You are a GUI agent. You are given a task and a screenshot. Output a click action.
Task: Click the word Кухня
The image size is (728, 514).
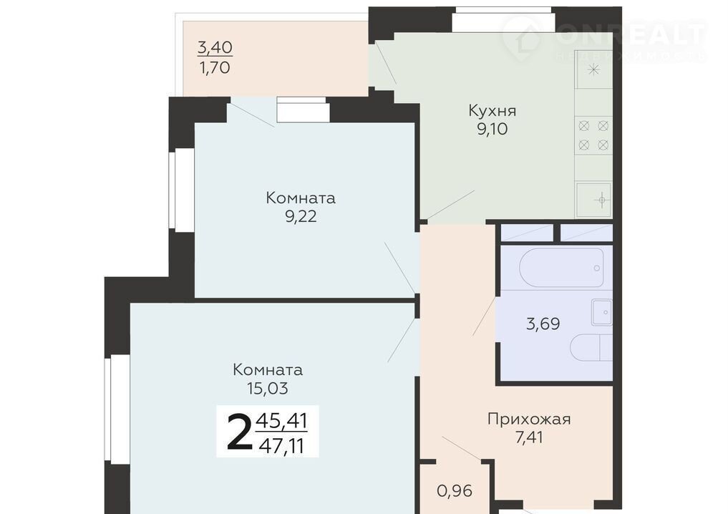pos(492,111)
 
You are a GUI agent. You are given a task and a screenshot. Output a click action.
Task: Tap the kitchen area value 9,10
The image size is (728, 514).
pos(492,129)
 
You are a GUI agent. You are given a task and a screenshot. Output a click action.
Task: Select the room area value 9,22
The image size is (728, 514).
pos(301,216)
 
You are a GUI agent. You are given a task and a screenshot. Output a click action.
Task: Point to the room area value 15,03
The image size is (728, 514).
pos(268,388)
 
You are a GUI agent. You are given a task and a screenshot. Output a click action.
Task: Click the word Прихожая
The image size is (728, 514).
pos(529,420)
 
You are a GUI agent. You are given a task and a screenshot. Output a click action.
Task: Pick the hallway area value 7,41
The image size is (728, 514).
pos(529,437)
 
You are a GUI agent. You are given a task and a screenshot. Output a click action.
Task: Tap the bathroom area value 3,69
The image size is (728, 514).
pos(543,324)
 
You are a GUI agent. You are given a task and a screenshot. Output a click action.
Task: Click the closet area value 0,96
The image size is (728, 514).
pos(455,491)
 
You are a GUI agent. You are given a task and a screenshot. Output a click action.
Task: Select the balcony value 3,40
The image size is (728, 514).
pos(215,47)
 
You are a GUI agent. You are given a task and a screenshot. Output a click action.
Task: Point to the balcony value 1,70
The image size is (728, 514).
pos(215,68)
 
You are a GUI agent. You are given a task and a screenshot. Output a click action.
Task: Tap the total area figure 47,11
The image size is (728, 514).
pos(281,446)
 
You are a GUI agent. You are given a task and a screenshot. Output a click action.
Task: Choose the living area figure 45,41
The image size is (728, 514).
pos(281,421)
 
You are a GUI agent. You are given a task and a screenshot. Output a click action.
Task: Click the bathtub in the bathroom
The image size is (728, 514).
pos(561,268)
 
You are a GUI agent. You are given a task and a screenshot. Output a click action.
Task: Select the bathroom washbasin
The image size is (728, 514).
pos(602,312)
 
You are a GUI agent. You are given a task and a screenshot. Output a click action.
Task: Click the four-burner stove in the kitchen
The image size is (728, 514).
pos(593,135)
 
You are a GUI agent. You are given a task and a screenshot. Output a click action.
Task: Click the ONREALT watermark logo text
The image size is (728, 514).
pos(631,34)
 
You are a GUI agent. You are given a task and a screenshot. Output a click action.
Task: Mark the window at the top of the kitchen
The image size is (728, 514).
pos(504,19)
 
